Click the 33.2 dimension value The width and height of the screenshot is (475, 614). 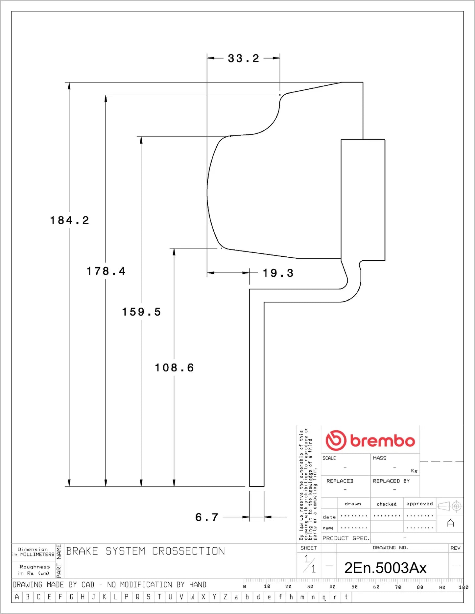point(243,59)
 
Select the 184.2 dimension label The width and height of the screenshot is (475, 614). point(69,220)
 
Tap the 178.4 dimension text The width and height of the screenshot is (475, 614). point(106,271)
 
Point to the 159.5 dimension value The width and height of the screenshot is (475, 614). point(141,312)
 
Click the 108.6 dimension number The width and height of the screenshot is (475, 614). point(174,367)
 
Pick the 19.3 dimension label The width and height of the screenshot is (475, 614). point(278,273)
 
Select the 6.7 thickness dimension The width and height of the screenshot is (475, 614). point(206,517)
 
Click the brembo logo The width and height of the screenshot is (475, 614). point(370,440)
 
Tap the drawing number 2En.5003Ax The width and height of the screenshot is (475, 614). point(385,568)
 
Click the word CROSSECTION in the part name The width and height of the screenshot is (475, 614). point(188,551)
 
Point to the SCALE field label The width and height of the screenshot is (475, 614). point(329,458)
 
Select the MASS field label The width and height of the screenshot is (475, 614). point(379,458)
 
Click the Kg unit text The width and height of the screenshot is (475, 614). point(414,471)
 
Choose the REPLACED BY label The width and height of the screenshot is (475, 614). point(391,481)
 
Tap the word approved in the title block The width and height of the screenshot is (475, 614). point(419,504)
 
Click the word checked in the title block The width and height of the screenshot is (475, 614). point(387,504)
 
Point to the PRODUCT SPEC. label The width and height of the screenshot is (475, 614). point(346,538)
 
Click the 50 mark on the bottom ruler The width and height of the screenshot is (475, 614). point(354,587)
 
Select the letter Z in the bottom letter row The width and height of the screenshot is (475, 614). point(225,597)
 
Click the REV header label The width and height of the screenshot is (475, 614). point(455,548)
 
